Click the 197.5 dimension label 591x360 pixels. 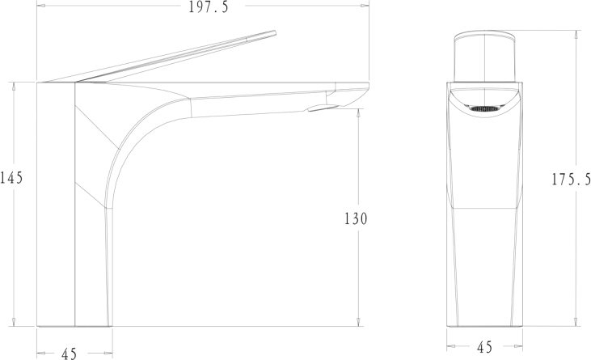point(209,6)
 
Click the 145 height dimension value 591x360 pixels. point(11,177)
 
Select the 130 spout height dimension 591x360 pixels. point(356,218)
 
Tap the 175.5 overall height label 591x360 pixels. point(571,180)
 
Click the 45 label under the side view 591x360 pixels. point(69,354)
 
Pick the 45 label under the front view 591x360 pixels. point(484,347)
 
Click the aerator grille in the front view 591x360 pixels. point(485,108)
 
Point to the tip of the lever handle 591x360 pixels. point(275,33)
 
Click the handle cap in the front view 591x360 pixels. point(485,56)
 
